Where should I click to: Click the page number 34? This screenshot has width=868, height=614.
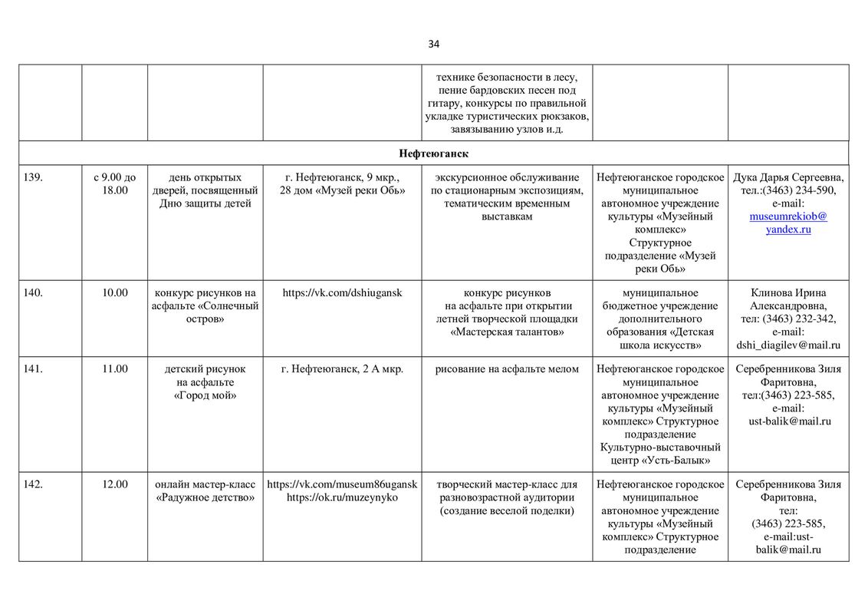434,44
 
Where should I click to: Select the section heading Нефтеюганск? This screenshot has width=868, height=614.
433,153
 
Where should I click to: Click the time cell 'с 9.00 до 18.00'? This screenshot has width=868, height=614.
114,183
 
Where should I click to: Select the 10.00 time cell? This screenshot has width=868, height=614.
114,292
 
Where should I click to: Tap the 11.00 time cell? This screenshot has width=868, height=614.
114,369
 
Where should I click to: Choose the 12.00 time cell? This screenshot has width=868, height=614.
114,484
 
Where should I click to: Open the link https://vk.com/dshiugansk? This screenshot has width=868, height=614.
342,292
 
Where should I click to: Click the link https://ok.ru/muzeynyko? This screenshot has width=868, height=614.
342,497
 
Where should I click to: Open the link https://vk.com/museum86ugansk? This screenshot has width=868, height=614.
342,484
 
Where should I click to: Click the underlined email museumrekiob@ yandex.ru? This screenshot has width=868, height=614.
788,223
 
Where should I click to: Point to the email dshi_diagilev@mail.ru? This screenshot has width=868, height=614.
788,345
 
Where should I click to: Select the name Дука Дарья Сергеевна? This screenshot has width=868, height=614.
788,177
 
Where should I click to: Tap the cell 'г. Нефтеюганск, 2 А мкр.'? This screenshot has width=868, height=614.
342,369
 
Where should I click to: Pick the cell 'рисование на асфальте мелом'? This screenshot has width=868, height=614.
507,369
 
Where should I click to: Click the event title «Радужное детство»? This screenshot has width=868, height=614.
205,497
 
